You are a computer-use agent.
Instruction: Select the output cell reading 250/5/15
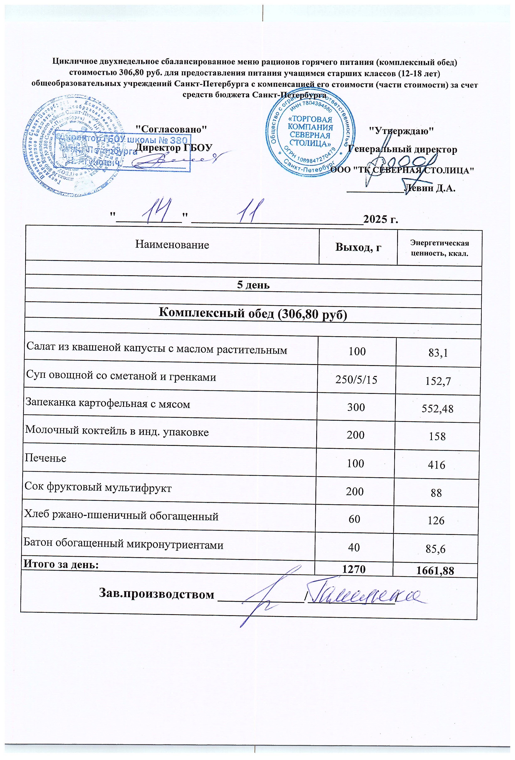[x=356, y=380]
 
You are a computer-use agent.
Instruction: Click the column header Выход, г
[x=358, y=247]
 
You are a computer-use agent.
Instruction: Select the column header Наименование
[x=172, y=245]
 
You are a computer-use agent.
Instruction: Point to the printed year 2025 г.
[x=381, y=219]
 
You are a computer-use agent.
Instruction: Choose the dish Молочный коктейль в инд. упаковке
[x=117, y=431]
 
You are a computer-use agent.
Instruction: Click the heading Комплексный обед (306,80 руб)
[x=253, y=313]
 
